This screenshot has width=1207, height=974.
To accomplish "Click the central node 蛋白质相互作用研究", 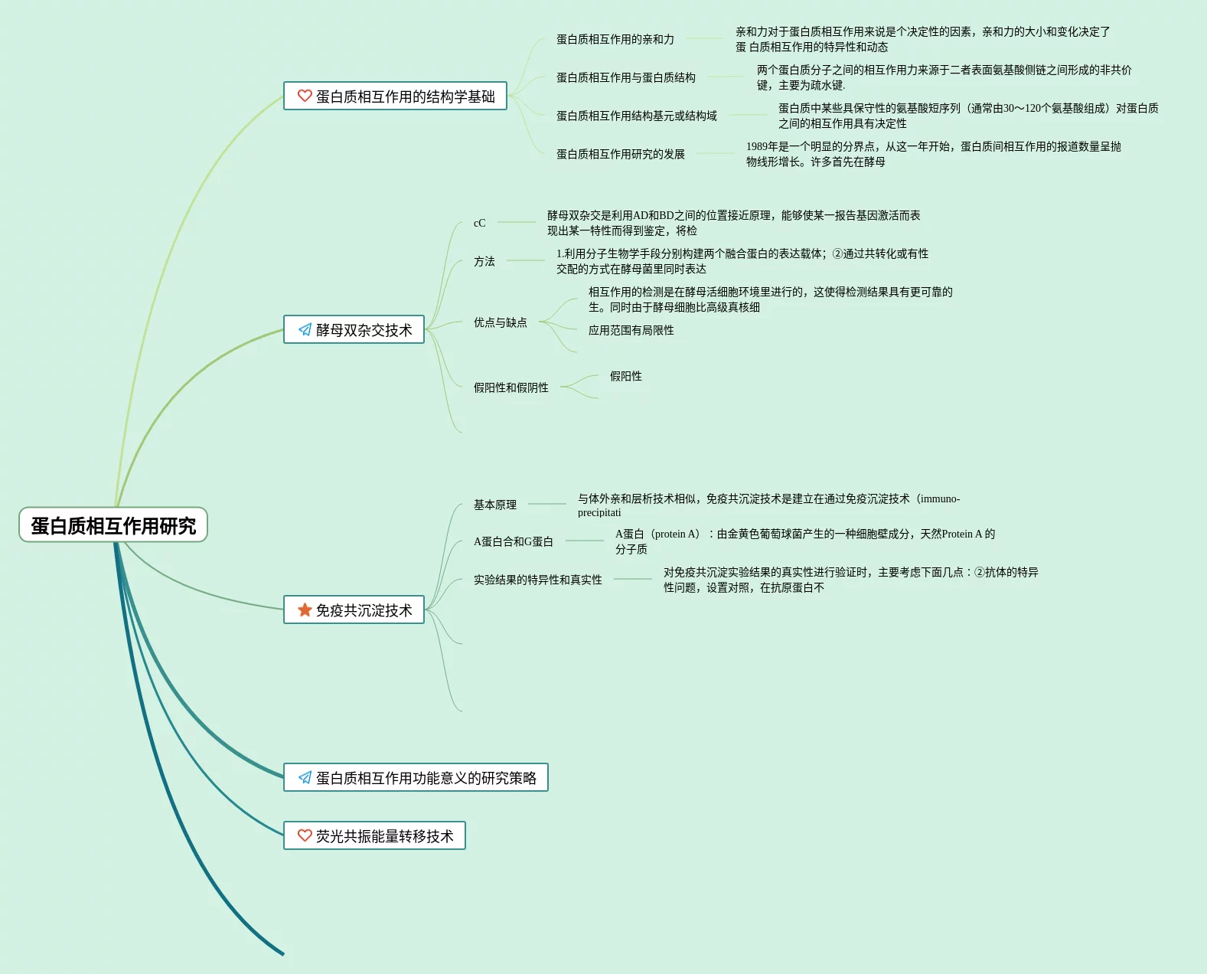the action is point(113,525).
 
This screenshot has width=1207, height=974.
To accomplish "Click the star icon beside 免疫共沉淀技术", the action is point(305,610).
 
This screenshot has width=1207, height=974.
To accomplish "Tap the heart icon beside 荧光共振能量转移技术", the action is point(305,835).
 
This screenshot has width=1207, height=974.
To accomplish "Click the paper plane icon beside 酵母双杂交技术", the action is point(305,330).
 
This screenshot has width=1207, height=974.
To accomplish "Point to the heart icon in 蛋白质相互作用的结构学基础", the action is point(305,96).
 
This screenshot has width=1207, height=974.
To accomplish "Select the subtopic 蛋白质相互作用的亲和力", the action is point(615,39).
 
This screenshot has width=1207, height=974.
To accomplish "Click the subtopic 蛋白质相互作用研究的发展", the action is point(620,154).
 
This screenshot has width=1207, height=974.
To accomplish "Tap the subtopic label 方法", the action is point(484,261).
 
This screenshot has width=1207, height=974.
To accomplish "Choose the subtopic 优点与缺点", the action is point(500,322).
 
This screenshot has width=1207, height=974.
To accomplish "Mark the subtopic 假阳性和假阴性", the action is point(511,387).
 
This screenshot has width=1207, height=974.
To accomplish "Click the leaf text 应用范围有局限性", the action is point(631,330).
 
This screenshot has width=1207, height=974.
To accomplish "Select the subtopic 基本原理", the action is point(494,505).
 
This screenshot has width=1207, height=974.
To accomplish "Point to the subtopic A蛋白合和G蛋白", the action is point(513,541).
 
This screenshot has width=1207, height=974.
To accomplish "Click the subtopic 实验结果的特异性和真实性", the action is point(537,580).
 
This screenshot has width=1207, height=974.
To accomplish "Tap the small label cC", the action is point(479,223).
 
